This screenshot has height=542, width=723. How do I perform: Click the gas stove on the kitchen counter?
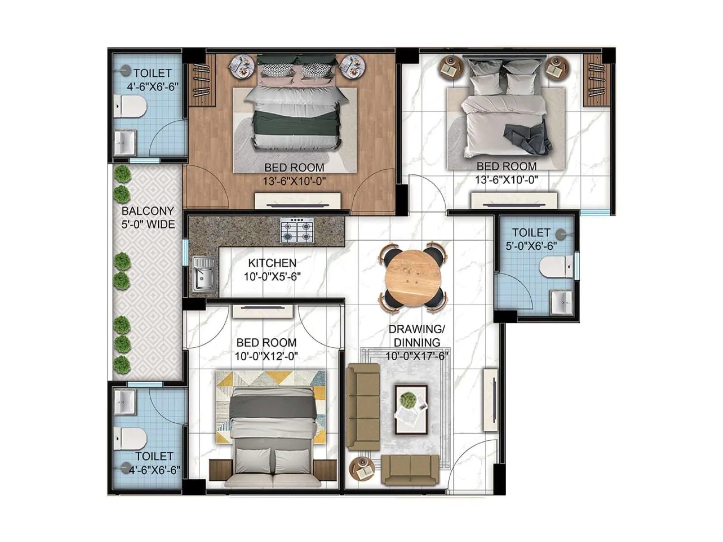297,231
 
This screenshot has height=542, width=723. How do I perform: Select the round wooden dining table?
413,278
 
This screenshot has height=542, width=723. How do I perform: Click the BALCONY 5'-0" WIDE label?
148,218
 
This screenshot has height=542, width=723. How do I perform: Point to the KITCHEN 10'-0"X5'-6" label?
272,270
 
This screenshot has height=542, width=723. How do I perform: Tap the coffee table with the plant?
411,409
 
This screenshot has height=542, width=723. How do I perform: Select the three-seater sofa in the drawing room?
363,406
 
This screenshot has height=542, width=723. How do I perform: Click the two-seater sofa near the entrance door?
410,470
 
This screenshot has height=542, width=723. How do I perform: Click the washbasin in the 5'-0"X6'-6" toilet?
561,302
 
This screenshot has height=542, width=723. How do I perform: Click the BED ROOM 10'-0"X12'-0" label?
266,350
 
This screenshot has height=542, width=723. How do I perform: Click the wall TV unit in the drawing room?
491,400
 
